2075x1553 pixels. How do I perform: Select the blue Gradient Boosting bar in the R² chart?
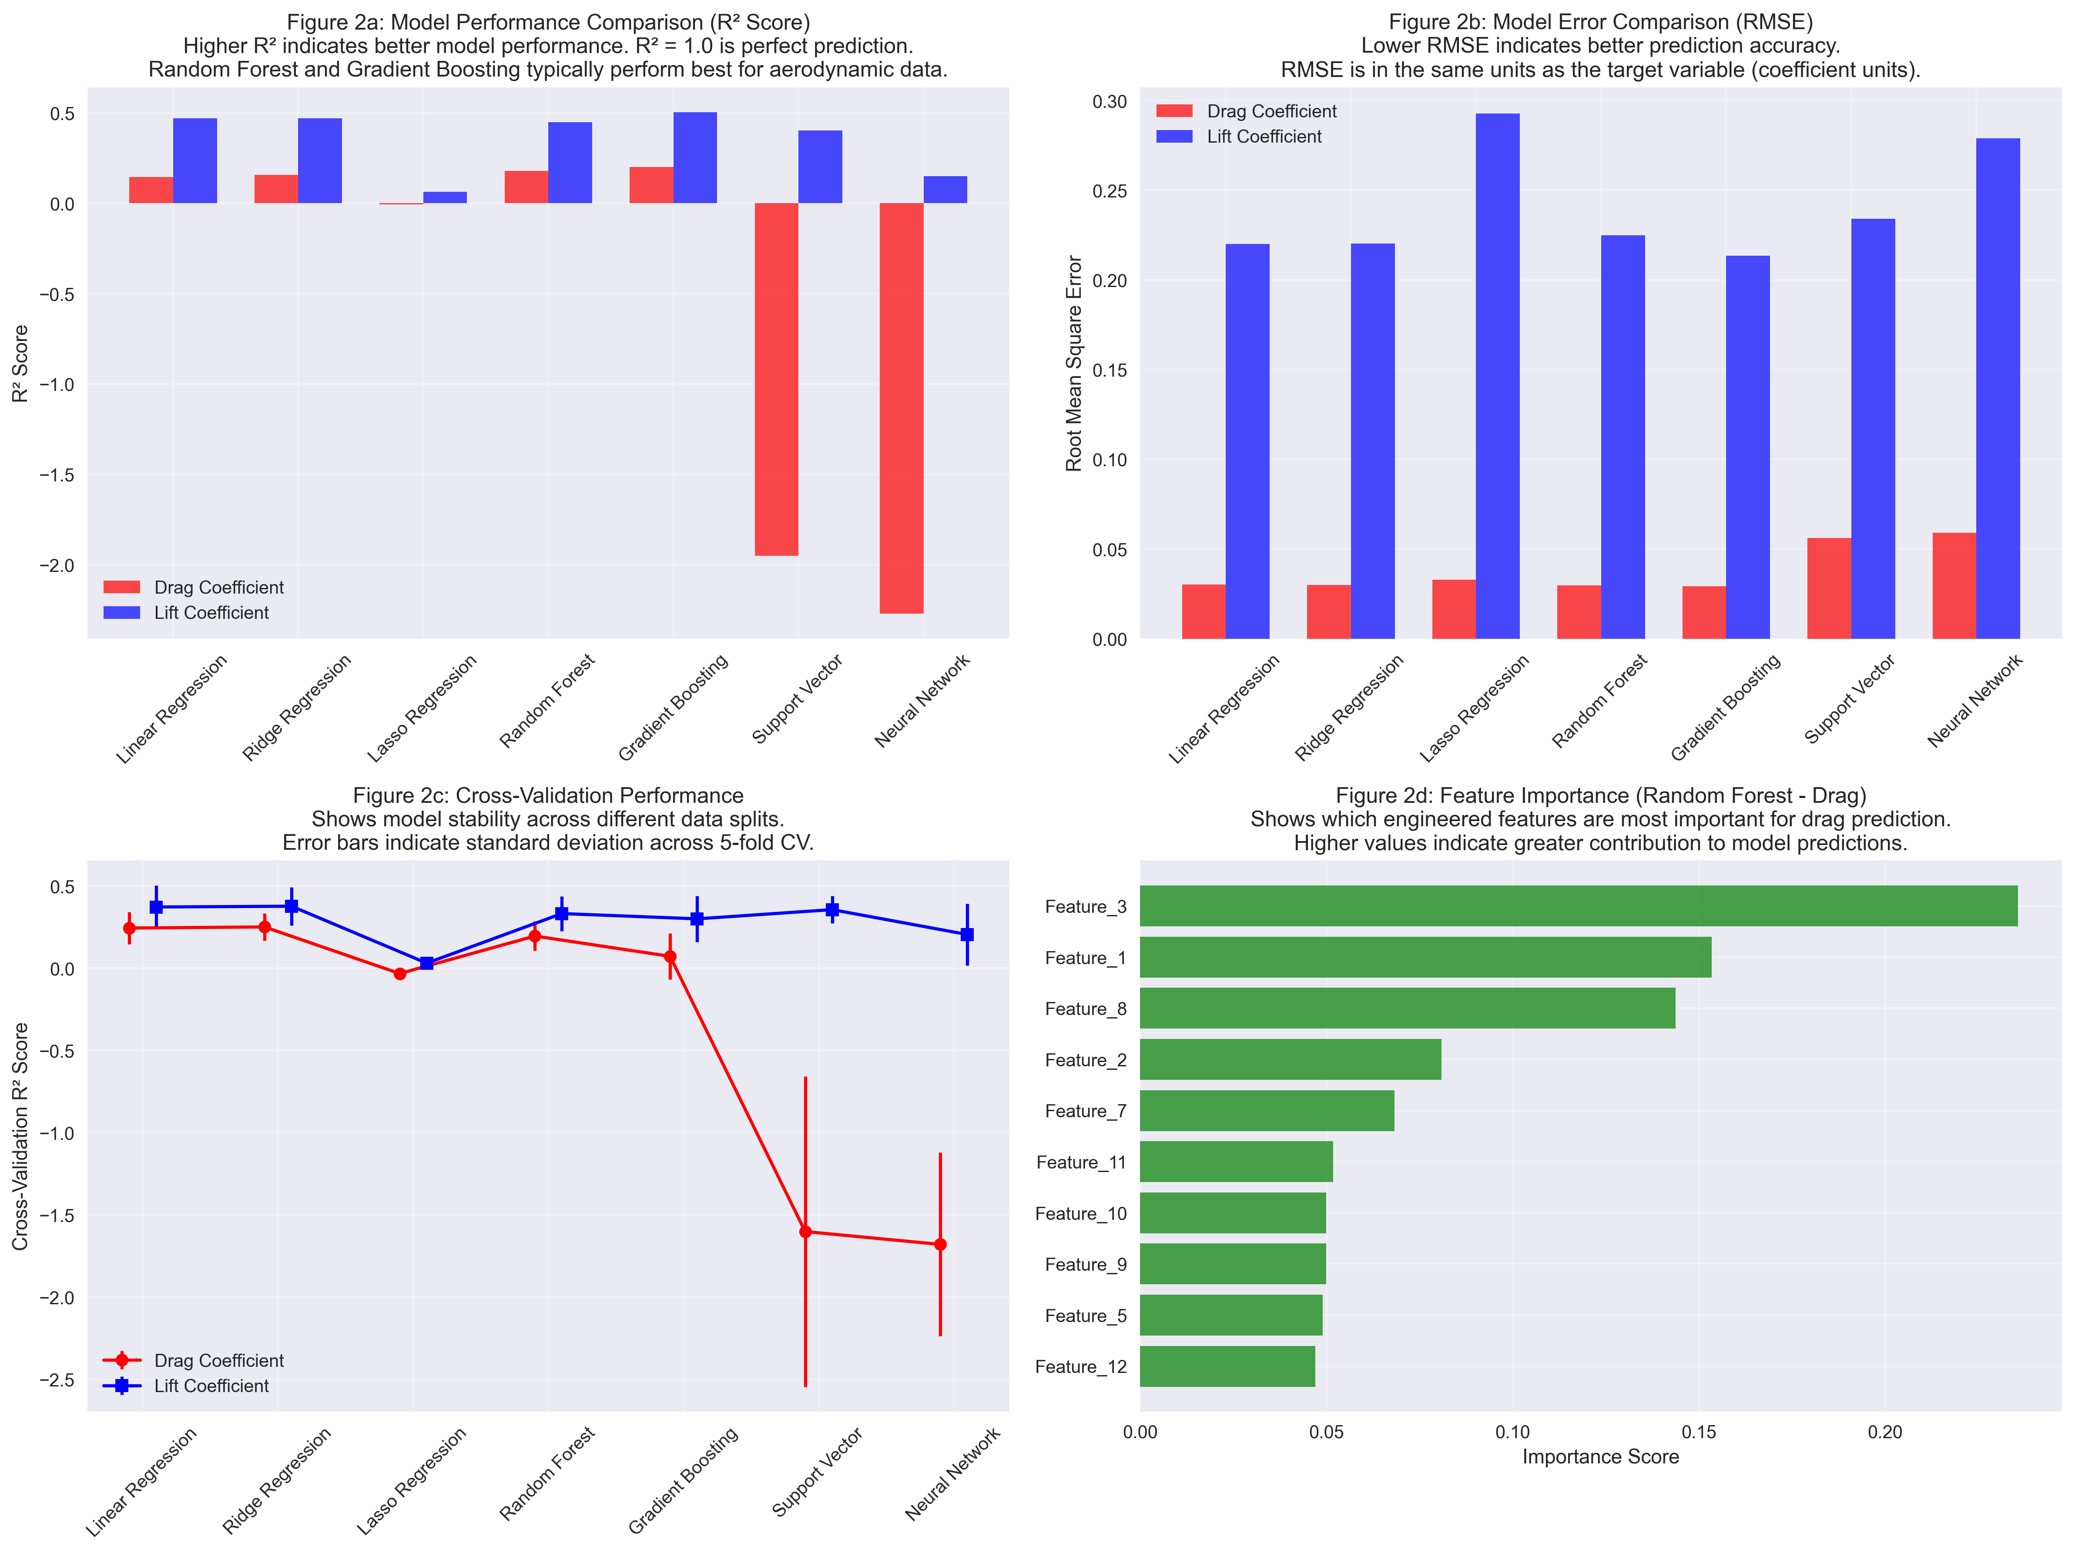(695, 157)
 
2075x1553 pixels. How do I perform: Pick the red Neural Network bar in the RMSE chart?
(1954, 586)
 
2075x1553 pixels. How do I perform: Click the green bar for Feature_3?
(1578, 906)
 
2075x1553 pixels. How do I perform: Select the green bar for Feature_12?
(1227, 1366)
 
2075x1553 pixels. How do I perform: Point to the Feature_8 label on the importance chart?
(1085, 1009)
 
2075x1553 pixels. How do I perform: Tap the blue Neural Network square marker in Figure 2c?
(967, 934)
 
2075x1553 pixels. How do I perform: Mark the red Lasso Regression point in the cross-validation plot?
(401, 973)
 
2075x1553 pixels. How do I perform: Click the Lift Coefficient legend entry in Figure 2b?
(1264, 137)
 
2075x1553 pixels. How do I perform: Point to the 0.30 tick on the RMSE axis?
(1110, 101)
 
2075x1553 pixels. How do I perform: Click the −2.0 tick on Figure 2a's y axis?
(56, 565)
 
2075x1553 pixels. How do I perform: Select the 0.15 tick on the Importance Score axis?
(1699, 1432)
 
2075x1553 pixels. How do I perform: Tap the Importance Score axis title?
(1600, 1456)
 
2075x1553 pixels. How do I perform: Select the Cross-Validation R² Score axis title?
(20, 1136)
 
